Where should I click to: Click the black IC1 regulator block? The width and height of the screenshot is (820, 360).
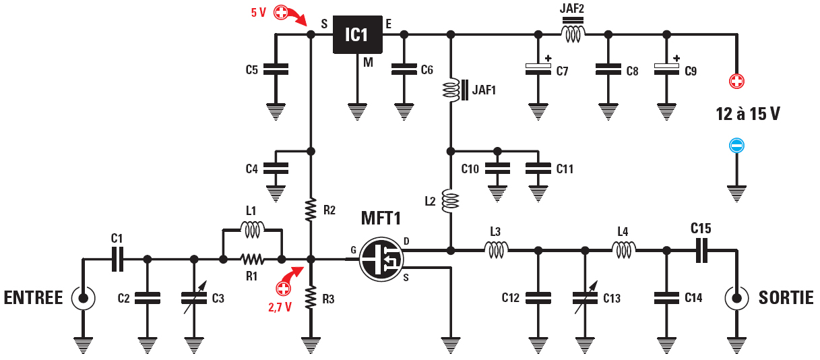coord(357,34)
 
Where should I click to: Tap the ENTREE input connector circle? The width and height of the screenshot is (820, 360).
coord(83,297)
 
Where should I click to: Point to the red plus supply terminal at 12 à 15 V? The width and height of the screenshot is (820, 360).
coord(736,82)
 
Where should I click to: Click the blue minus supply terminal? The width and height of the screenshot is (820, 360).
coord(736,146)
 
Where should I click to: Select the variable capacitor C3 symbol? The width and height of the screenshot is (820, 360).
coord(194,297)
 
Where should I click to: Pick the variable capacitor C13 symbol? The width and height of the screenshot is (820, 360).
coord(585,297)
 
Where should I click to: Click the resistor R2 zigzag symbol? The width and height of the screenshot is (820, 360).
coord(311,209)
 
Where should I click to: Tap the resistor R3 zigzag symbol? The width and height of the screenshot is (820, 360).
coord(311,297)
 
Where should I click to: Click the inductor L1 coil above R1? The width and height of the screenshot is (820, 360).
coord(252,230)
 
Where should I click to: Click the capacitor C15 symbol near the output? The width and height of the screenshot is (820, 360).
coord(701,250)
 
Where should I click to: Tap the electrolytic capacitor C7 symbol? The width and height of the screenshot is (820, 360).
coord(538,68)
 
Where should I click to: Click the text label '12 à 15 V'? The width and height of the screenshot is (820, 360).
coord(748,115)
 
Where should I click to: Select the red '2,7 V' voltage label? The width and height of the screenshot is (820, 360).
coord(280,307)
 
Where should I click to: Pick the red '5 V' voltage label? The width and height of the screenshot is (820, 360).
coord(259,12)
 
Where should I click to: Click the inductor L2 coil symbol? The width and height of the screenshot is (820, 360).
coord(450,201)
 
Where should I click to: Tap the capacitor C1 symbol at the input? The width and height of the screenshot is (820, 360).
coord(117,259)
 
